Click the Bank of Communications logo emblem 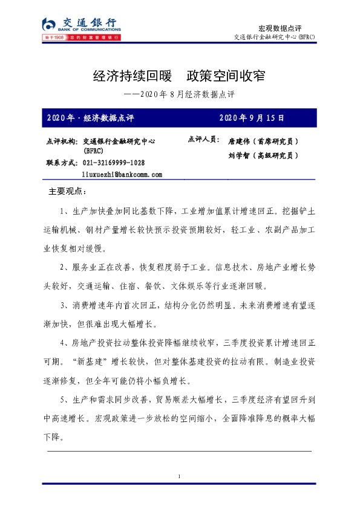click(x=50, y=25)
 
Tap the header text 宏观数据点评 click(x=280, y=28)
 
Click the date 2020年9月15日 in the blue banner click(x=251, y=117)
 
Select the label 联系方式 click(x=61, y=163)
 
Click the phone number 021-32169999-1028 click(x=114, y=163)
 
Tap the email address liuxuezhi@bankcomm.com click(x=122, y=174)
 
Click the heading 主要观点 click(x=67, y=192)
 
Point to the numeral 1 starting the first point click(x=63, y=211)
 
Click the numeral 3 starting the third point click(x=63, y=305)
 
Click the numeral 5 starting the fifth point click(x=63, y=400)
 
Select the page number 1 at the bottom click(x=180, y=478)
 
